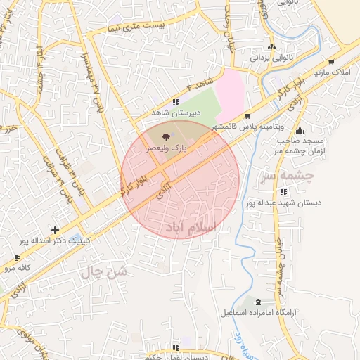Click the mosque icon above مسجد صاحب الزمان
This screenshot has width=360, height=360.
click(x=300, y=130)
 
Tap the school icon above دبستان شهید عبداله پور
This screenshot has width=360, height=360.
click(x=283, y=192)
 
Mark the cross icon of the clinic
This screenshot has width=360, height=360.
click(x=55, y=230)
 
